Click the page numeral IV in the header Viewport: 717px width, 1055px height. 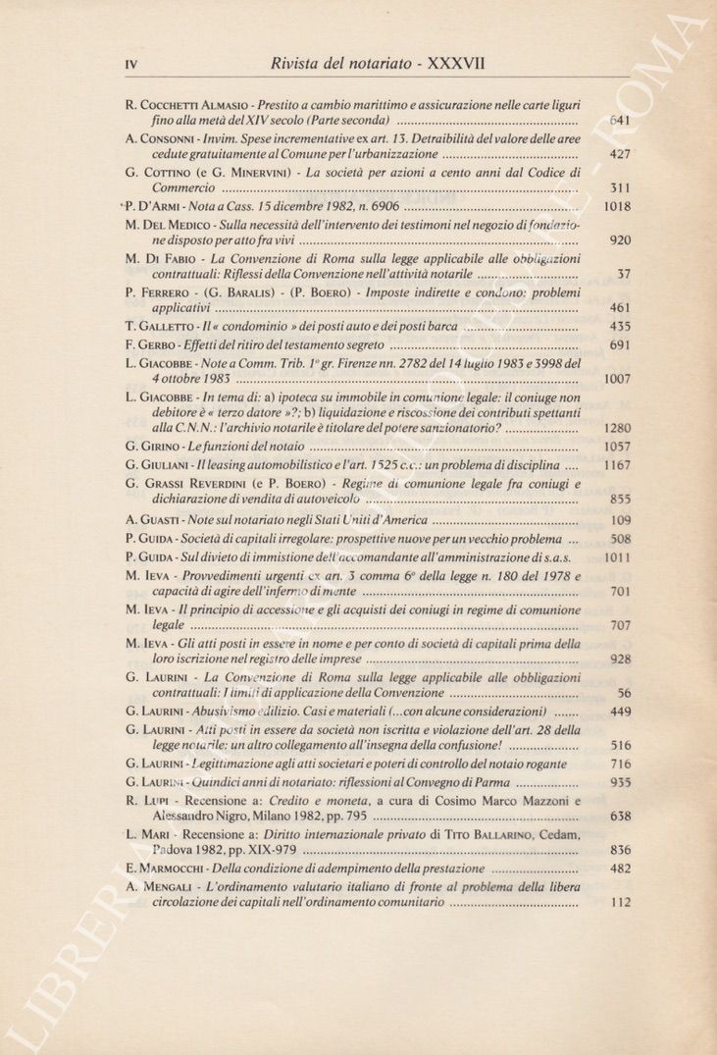point(130,65)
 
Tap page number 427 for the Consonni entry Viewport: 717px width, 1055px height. point(619,154)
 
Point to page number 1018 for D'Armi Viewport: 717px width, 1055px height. point(615,207)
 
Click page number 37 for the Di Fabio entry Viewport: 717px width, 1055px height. point(623,274)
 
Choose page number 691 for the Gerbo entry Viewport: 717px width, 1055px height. point(619,344)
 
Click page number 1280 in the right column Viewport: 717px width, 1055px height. point(615,428)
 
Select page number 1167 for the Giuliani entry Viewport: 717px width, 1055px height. point(615,465)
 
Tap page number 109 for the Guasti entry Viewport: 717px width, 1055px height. point(619,520)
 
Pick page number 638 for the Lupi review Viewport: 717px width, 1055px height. point(619,816)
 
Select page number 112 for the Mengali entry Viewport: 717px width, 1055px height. point(619,903)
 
